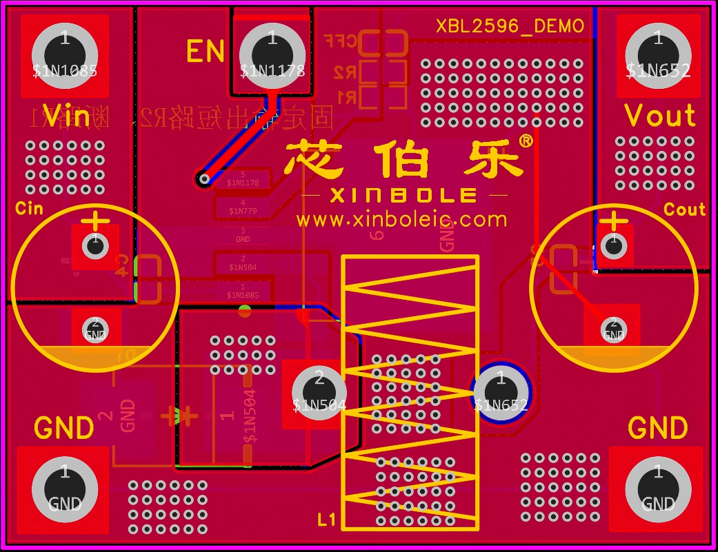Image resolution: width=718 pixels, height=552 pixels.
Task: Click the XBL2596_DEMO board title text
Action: pos(510,26)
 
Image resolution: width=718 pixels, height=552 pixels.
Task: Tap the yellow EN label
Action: pos(205,52)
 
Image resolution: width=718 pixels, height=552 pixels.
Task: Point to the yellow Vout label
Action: pos(660,116)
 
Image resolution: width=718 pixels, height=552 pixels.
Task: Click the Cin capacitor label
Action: pos(29,207)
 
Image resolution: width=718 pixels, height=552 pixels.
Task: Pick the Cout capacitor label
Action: pos(684,209)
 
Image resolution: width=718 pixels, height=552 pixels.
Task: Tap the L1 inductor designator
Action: pos(327,520)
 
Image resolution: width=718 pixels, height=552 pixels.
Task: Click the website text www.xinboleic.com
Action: pos(402,220)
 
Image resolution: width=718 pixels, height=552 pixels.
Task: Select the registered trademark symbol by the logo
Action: pos(525,141)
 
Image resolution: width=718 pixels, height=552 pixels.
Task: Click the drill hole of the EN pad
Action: pos(272,52)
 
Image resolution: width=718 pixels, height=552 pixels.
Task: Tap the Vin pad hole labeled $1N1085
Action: pos(65,52)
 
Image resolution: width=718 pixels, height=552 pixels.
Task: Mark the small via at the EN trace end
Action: pos(203,179)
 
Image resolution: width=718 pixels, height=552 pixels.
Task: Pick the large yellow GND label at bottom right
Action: pos(657,429)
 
